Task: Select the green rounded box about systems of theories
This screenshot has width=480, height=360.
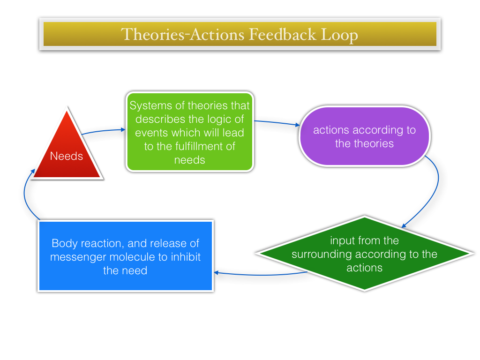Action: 190,132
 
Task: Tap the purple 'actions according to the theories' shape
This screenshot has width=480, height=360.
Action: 365,136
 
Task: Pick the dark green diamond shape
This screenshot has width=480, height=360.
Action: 364,254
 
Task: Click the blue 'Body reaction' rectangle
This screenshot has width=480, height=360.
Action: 126,255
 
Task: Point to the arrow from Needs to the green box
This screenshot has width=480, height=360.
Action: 104,131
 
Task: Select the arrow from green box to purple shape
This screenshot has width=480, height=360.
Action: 277,123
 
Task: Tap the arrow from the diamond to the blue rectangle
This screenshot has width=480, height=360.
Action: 260,275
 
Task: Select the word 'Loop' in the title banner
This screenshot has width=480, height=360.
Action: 339,35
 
